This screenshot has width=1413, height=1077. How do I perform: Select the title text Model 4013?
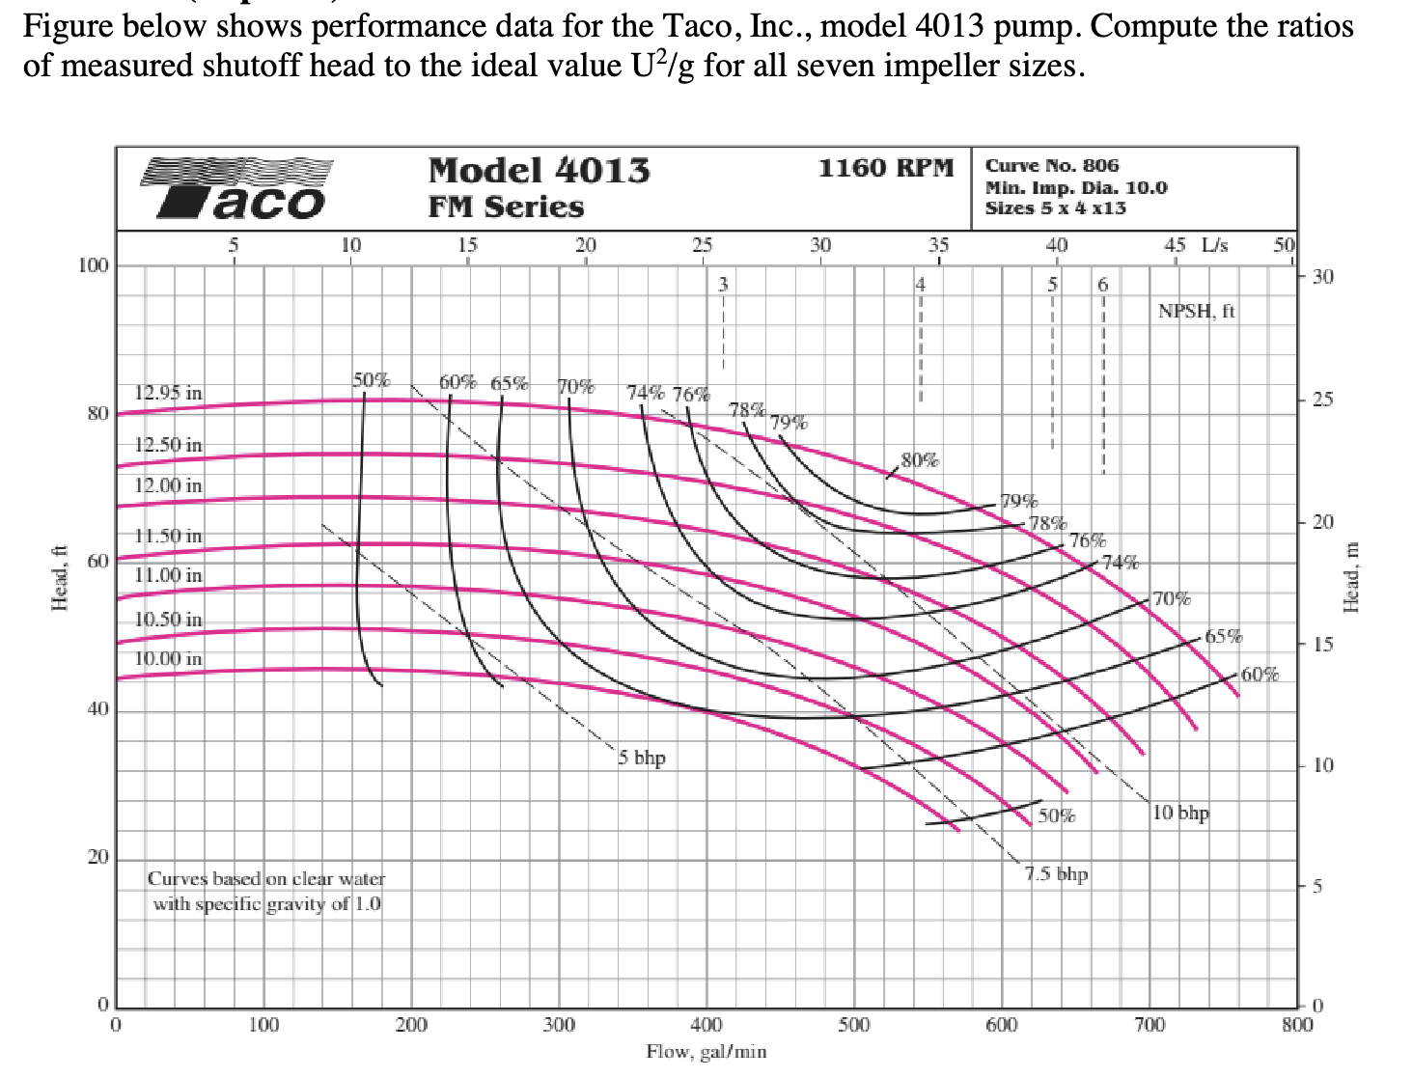click(x=539, y=171)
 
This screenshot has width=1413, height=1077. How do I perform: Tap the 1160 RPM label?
click(x=885, y=168)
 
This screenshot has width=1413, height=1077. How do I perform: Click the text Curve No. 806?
click(x=1051, y=166)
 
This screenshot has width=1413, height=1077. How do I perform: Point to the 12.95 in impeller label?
click(x=168, y=393)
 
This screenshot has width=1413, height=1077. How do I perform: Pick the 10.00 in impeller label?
click(x=168, y=658)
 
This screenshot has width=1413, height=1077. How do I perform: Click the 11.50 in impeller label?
click(x=168, y=535)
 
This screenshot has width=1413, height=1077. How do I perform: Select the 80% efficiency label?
click(x=919, y=460)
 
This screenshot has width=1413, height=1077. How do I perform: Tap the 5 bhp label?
click(x=642, y=758)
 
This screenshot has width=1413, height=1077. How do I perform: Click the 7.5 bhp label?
click(x=1056, y=874)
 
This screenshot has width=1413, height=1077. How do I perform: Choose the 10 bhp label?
click(x=1180, y=813)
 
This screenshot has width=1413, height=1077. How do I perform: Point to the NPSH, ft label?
click(x=1196, y=311)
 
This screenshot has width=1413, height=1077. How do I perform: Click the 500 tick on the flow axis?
click(x=853, y=1025)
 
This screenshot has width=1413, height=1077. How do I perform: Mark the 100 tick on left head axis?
click(x=94, y=265)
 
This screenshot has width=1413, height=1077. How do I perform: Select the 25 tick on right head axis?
click(x=1322, y=400)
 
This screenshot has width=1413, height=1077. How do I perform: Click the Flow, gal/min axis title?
click(x=706, y=1052)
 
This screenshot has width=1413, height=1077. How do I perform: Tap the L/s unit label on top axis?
click(x=1214, y=245)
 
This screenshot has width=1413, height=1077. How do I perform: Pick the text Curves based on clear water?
click(x=265, y=879)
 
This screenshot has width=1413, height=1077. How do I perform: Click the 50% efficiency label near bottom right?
click(x=1057, y=815)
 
